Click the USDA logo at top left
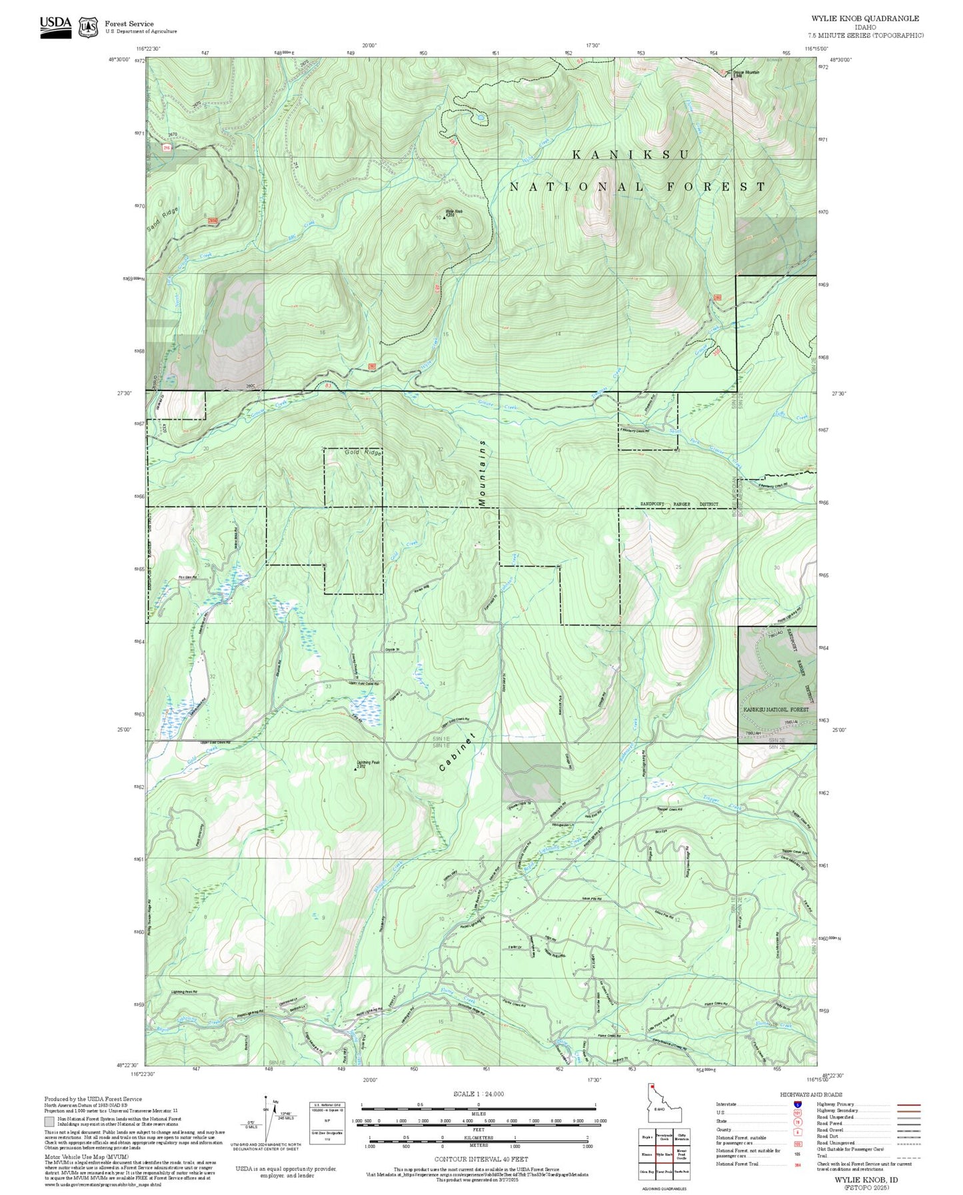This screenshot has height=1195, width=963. coord(55,27)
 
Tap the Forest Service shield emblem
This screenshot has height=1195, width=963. coord(88,27)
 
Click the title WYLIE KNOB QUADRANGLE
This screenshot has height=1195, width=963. coord(864,19)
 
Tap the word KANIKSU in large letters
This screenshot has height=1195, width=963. coord(630,155)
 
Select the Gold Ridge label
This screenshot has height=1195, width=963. coord(363,452)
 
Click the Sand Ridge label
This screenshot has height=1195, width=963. coord(163,220)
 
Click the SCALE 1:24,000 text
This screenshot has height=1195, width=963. coord(478,1094)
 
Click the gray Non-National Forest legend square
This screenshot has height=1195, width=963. coord(49,1122)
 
